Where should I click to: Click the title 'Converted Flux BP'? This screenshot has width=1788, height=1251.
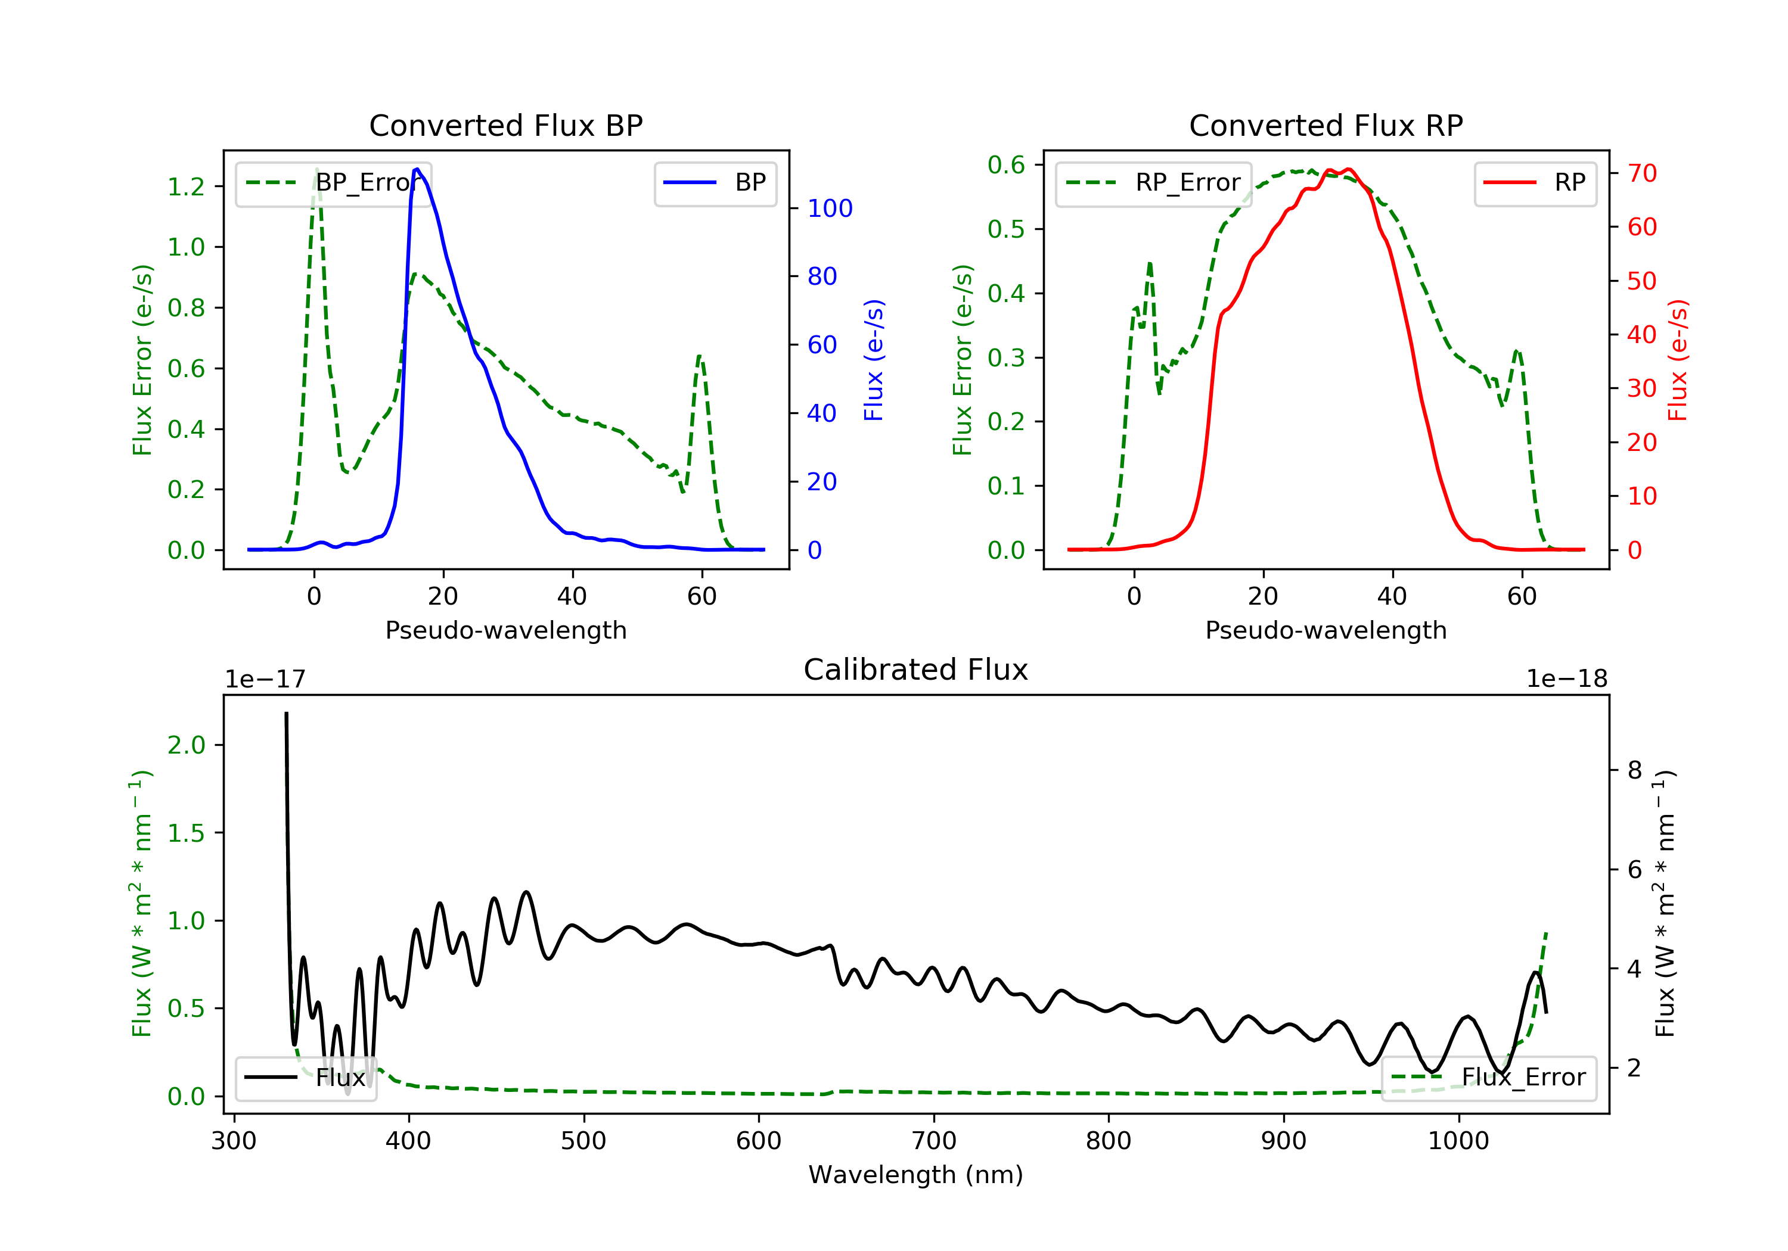pos(506,125)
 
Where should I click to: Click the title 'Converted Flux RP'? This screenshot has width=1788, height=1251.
pos(1326,125)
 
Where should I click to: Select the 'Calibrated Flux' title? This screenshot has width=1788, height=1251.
pos(916,670)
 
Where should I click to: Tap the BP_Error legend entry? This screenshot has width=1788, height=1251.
pos(333,183)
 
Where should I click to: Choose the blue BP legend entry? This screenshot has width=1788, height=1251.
pos(715,183)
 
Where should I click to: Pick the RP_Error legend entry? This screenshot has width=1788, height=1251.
pos(1153,183)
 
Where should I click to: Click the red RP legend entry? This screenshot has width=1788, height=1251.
pos(1535,183)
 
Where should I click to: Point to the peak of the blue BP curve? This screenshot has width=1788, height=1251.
pos(417,169)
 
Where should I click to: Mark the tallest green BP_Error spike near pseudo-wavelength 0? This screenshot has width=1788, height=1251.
pos(316,170)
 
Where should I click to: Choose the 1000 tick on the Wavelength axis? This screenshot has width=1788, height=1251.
pos(1458,1141)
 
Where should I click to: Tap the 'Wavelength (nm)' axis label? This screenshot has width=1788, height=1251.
pos(916,1175)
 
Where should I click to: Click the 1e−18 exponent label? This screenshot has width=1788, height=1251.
pos(1567,679)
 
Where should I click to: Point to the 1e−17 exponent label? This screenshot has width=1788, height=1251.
pos(266,679)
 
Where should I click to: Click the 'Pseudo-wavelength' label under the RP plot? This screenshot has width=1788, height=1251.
pos(1326,630)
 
